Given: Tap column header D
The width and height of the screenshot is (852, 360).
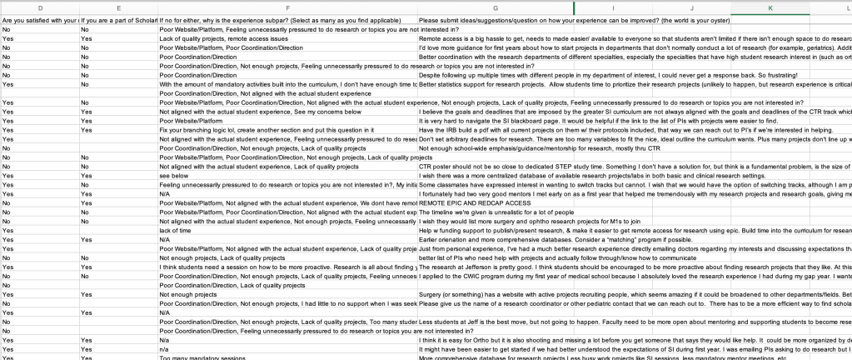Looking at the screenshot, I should pos(40,7).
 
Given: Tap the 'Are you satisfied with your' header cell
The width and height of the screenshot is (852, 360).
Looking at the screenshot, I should pos(38,20).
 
